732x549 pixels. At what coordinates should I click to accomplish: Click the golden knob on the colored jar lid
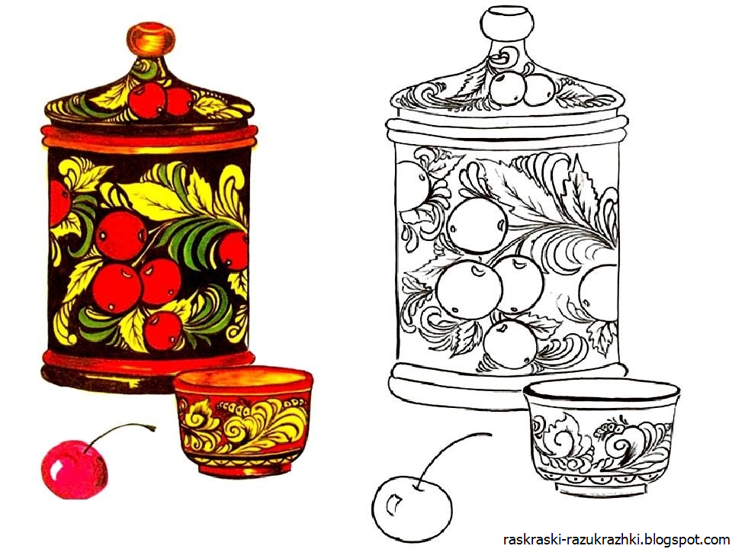(x=151, y=40)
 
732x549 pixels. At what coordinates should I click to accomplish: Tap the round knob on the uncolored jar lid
(x=507, y=24)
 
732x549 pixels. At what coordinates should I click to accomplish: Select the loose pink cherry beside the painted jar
(x=74, y=469)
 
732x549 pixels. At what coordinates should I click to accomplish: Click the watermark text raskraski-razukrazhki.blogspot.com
(x=616, y=540)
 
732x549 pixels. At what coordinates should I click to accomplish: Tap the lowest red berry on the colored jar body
(x=162, y=330)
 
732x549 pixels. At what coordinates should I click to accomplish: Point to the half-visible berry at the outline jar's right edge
(x=599, y=292)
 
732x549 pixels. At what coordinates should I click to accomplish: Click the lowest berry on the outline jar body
(x=510, y=345)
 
